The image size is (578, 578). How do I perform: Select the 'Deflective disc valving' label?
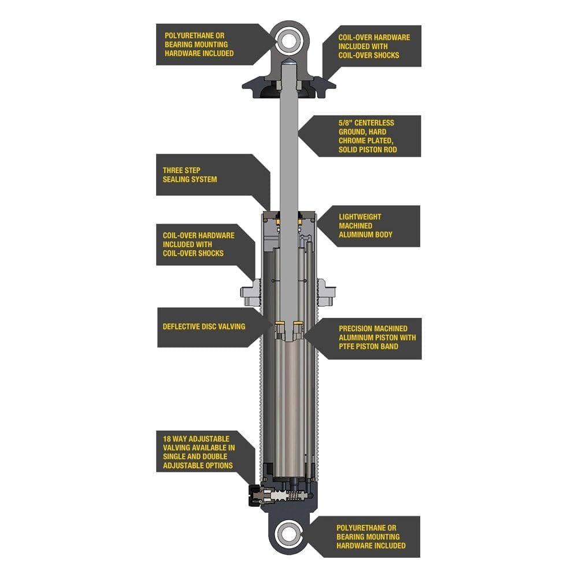coord(204,327)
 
